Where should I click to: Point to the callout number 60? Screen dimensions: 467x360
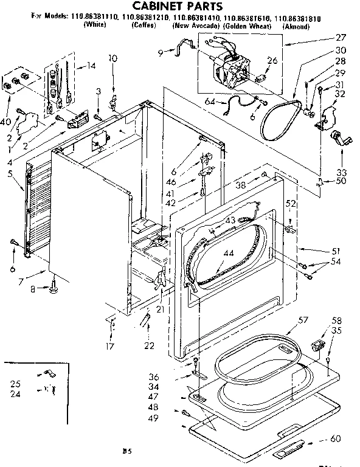[335, 438]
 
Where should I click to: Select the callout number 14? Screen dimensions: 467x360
[91, 66]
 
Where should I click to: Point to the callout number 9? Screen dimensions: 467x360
[160, 52]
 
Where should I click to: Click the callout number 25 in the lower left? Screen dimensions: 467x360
[15, 384]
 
